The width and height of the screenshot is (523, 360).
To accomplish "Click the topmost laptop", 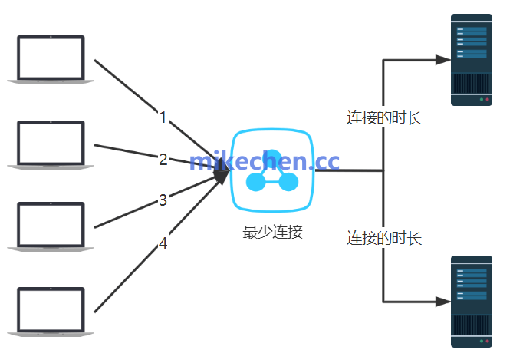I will pos(51,58).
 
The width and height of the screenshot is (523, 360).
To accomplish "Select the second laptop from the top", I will pos(51,143).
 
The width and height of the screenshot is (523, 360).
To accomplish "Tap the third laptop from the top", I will pos(51,226).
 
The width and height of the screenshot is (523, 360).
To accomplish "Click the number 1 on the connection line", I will pos(163,117).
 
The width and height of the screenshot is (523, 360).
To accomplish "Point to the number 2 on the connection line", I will pos(163,160).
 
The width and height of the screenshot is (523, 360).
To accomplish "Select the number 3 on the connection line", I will pos(163,200).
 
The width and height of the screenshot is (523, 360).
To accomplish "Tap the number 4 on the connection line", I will pos(163,244).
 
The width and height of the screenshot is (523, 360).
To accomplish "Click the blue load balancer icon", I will pos(272,170).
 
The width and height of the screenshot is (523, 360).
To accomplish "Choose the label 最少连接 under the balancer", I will pos(272,233).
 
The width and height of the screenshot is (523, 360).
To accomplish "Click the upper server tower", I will pos(471,60).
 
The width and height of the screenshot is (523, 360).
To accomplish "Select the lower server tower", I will pos(471,301).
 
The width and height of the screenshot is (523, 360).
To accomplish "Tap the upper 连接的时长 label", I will pos(383,118).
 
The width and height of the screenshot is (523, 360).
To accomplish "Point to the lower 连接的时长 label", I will pos(383,237).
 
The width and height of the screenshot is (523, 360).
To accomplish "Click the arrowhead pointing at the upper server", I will pos(442,59).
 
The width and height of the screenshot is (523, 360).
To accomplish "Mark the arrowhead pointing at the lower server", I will pos(442,302).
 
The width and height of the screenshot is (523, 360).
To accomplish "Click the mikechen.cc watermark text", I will pos(264,161).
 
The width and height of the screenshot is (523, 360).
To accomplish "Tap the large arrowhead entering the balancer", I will pos(222,175).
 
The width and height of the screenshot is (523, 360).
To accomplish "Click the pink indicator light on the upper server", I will pos(486,100).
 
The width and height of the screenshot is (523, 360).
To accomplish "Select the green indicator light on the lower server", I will pos(479,342).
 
